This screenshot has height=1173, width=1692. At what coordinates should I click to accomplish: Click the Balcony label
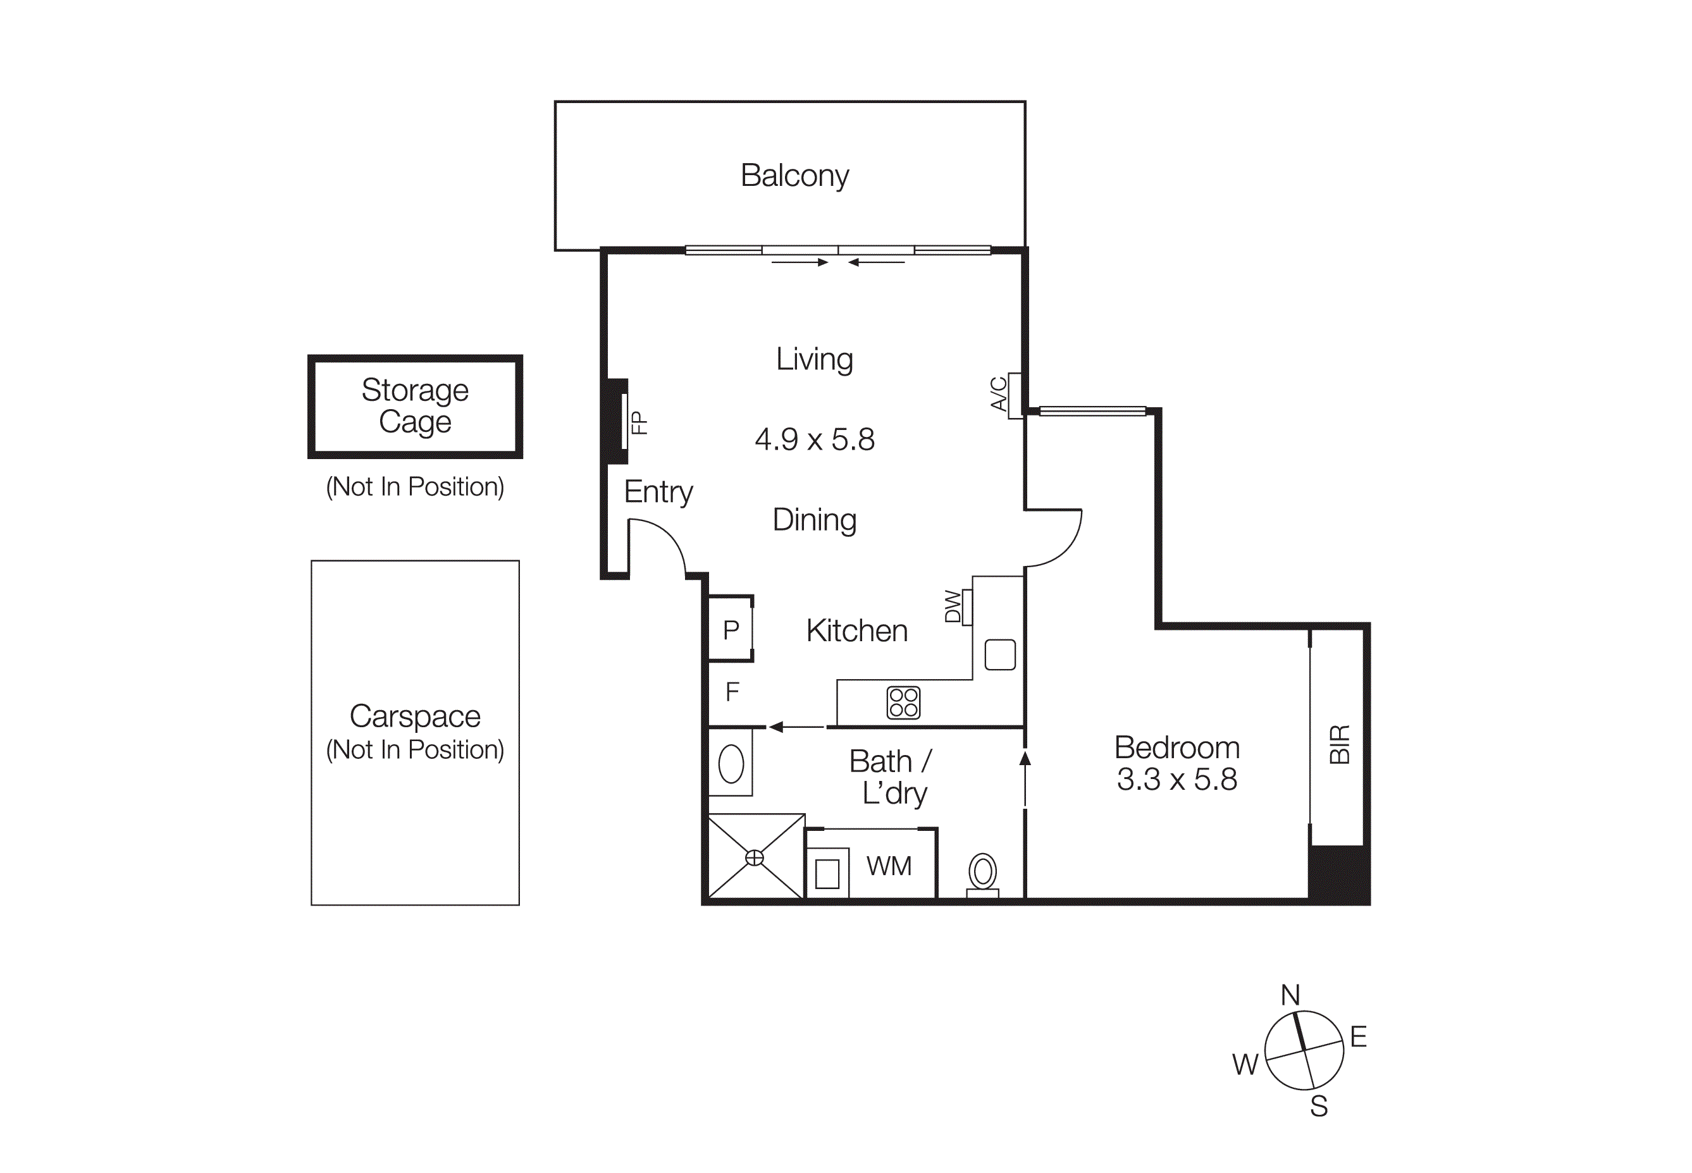pos(794,176)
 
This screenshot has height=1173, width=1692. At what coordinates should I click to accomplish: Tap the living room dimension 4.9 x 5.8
pos(815,439)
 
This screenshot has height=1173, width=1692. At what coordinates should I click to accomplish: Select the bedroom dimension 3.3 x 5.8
pos(1176,779)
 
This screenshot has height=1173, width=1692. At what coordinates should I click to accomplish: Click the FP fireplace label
pos(639,422)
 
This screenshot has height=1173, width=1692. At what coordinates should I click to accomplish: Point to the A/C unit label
pos(998,394)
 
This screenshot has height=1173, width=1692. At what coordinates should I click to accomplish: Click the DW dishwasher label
pos(953,606)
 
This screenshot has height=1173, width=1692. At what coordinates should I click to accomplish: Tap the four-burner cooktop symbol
pos(903,702)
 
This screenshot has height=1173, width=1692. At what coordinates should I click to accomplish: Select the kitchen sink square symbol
pos(999,654)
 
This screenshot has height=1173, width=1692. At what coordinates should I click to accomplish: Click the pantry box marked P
pos(730,630)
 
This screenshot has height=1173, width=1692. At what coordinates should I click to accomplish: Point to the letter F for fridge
pos(731,692)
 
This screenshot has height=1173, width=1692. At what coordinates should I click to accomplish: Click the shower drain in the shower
pos(754,857)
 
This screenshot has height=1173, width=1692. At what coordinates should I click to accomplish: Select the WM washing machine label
pos(889,866)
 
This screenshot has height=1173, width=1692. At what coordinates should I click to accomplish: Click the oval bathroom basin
pos(731,765)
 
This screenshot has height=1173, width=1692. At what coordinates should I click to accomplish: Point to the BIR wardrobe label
pos(1339,744)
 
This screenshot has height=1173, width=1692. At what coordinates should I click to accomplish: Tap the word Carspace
pos(414,716)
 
